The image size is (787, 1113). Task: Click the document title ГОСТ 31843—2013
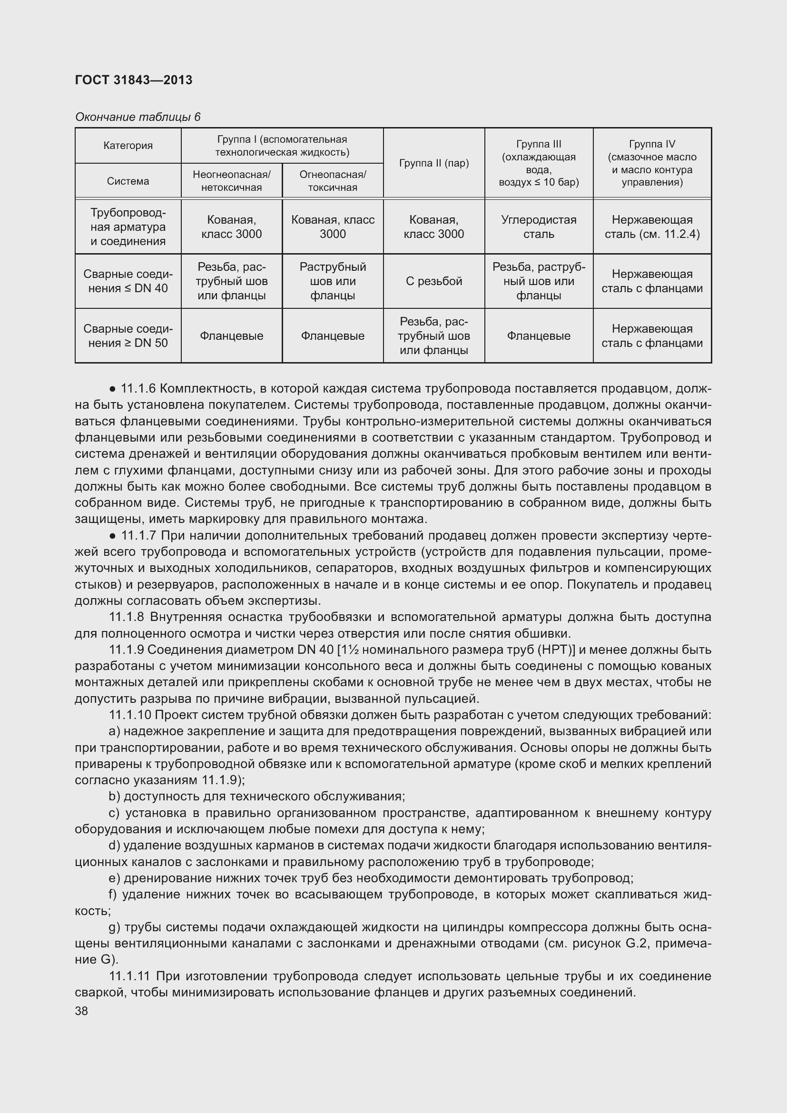(134, 80)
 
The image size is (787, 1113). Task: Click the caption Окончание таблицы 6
(138, 117)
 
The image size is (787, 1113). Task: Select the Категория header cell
(128, 146)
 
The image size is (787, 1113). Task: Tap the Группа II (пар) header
(434, 163)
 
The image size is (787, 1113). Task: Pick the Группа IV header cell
(652, 163)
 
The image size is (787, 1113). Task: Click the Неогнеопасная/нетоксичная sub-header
(231, 181)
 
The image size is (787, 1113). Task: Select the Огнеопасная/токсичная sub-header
(333, 181)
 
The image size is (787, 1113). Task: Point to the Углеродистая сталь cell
(539, 227)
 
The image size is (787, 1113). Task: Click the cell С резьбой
(434, 281)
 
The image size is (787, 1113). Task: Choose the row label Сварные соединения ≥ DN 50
(128, 335)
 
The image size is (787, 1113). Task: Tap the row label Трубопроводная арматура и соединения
(128, 227)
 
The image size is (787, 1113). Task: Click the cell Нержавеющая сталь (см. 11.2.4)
(652, 227)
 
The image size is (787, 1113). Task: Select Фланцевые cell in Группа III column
(539, 335)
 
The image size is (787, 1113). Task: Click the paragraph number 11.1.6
(138, 388)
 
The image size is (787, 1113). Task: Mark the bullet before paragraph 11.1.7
(112, 536)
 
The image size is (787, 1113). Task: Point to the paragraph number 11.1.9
(126, 650)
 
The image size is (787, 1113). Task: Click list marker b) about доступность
(114, 797)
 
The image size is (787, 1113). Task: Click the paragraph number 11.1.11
(129, 976)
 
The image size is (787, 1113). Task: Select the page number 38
(81, 1011)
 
